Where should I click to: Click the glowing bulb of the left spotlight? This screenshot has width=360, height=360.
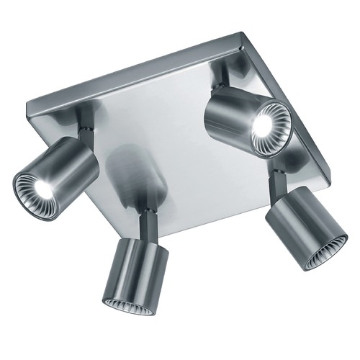42,189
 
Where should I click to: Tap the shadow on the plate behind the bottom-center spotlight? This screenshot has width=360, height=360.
137,173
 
